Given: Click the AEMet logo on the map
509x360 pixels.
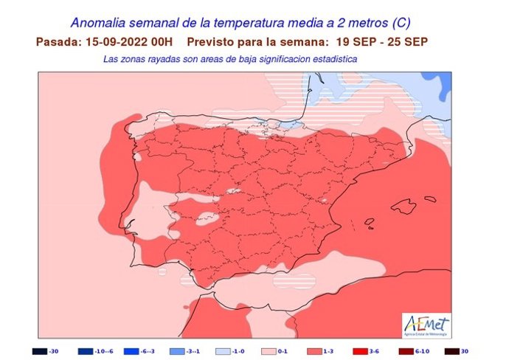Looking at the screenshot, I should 426,323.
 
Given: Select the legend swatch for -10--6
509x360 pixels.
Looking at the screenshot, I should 86,351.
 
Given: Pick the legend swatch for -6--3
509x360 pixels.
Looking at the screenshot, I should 132,351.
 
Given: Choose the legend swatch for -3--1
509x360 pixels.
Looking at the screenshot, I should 178,351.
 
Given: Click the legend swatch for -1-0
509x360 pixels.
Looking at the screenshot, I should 224,351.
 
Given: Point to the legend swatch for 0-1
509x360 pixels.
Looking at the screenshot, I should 269,351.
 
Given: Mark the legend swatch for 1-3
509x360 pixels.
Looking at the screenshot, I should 315,351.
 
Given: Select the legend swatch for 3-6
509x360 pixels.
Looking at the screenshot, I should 361,351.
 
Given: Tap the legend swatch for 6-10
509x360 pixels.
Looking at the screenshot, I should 406,351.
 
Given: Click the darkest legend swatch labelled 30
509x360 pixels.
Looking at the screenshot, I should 452,351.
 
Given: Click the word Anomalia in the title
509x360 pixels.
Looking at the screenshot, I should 101,24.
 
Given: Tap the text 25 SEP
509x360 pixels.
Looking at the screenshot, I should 408,41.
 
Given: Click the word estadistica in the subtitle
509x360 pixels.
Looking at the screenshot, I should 332,58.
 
